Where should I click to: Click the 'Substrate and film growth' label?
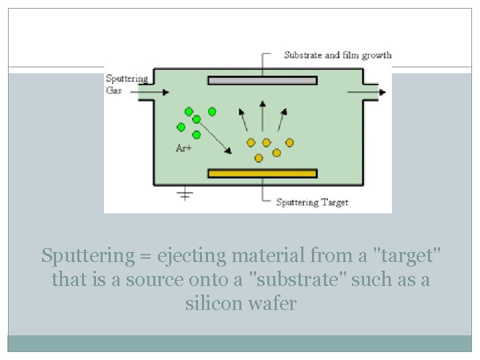coord(337,55)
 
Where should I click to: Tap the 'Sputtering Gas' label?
coord(127,84)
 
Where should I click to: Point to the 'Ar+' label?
coord(183,148)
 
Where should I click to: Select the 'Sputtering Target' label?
coord(312,202)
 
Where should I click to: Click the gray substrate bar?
coord(262,81)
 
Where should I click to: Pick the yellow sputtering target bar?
coord(262,173)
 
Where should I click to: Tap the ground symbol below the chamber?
coord(185,195)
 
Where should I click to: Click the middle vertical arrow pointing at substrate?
coord(263,115)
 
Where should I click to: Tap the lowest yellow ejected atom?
coord(259,157)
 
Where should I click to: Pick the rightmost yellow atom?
coord(290,142)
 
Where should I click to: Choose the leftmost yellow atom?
coord(251,142)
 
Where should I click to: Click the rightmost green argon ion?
coord(212,111)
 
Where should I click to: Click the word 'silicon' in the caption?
coord(211,304)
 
